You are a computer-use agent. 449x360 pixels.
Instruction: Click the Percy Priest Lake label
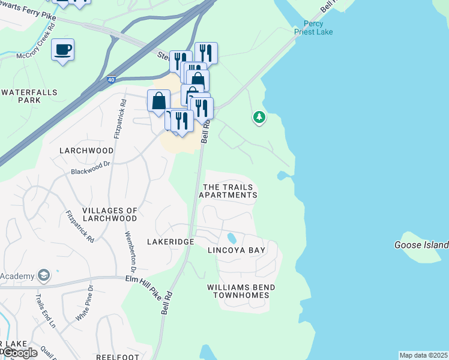[318, 28]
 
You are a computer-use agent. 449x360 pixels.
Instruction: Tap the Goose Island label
[421, 245]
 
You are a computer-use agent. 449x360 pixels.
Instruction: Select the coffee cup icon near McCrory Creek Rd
[62, 49]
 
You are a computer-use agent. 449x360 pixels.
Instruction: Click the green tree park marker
[259, 116]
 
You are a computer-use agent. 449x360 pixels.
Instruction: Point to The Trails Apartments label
[228, 191]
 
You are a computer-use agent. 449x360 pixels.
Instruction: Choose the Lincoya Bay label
[237, 250]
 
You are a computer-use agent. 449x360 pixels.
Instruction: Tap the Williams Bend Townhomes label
[241, 292]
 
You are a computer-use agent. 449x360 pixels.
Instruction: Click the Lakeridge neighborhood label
[170, 241]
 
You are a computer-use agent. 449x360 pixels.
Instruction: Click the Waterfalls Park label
[29, 96]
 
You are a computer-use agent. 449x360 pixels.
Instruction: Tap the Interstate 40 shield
[110, 79]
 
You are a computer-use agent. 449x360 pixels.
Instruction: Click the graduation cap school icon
[43, 275]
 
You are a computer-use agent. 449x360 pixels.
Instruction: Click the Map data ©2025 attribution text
[423, 355]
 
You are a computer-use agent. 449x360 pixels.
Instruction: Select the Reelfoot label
[118, 357]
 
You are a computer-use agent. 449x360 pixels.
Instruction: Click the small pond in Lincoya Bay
[232, 237]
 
